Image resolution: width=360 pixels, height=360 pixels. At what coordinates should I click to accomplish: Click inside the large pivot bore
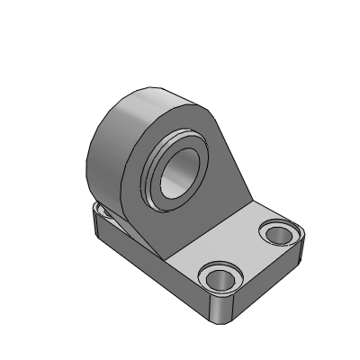[179, 166]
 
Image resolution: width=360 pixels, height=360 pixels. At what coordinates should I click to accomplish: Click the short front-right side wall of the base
[265, 283]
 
